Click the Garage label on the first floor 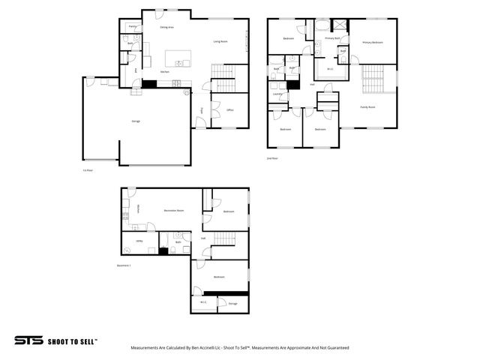136,121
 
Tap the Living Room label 220,41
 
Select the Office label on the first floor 230,109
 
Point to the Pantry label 132,26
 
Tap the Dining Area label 167,27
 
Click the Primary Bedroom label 373,42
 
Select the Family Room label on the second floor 367,107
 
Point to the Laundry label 277,94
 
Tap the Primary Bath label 332,37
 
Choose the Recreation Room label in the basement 174,211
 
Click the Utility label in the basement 139,241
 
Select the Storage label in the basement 232,303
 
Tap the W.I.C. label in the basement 203,301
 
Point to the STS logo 28,340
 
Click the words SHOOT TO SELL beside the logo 73,340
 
